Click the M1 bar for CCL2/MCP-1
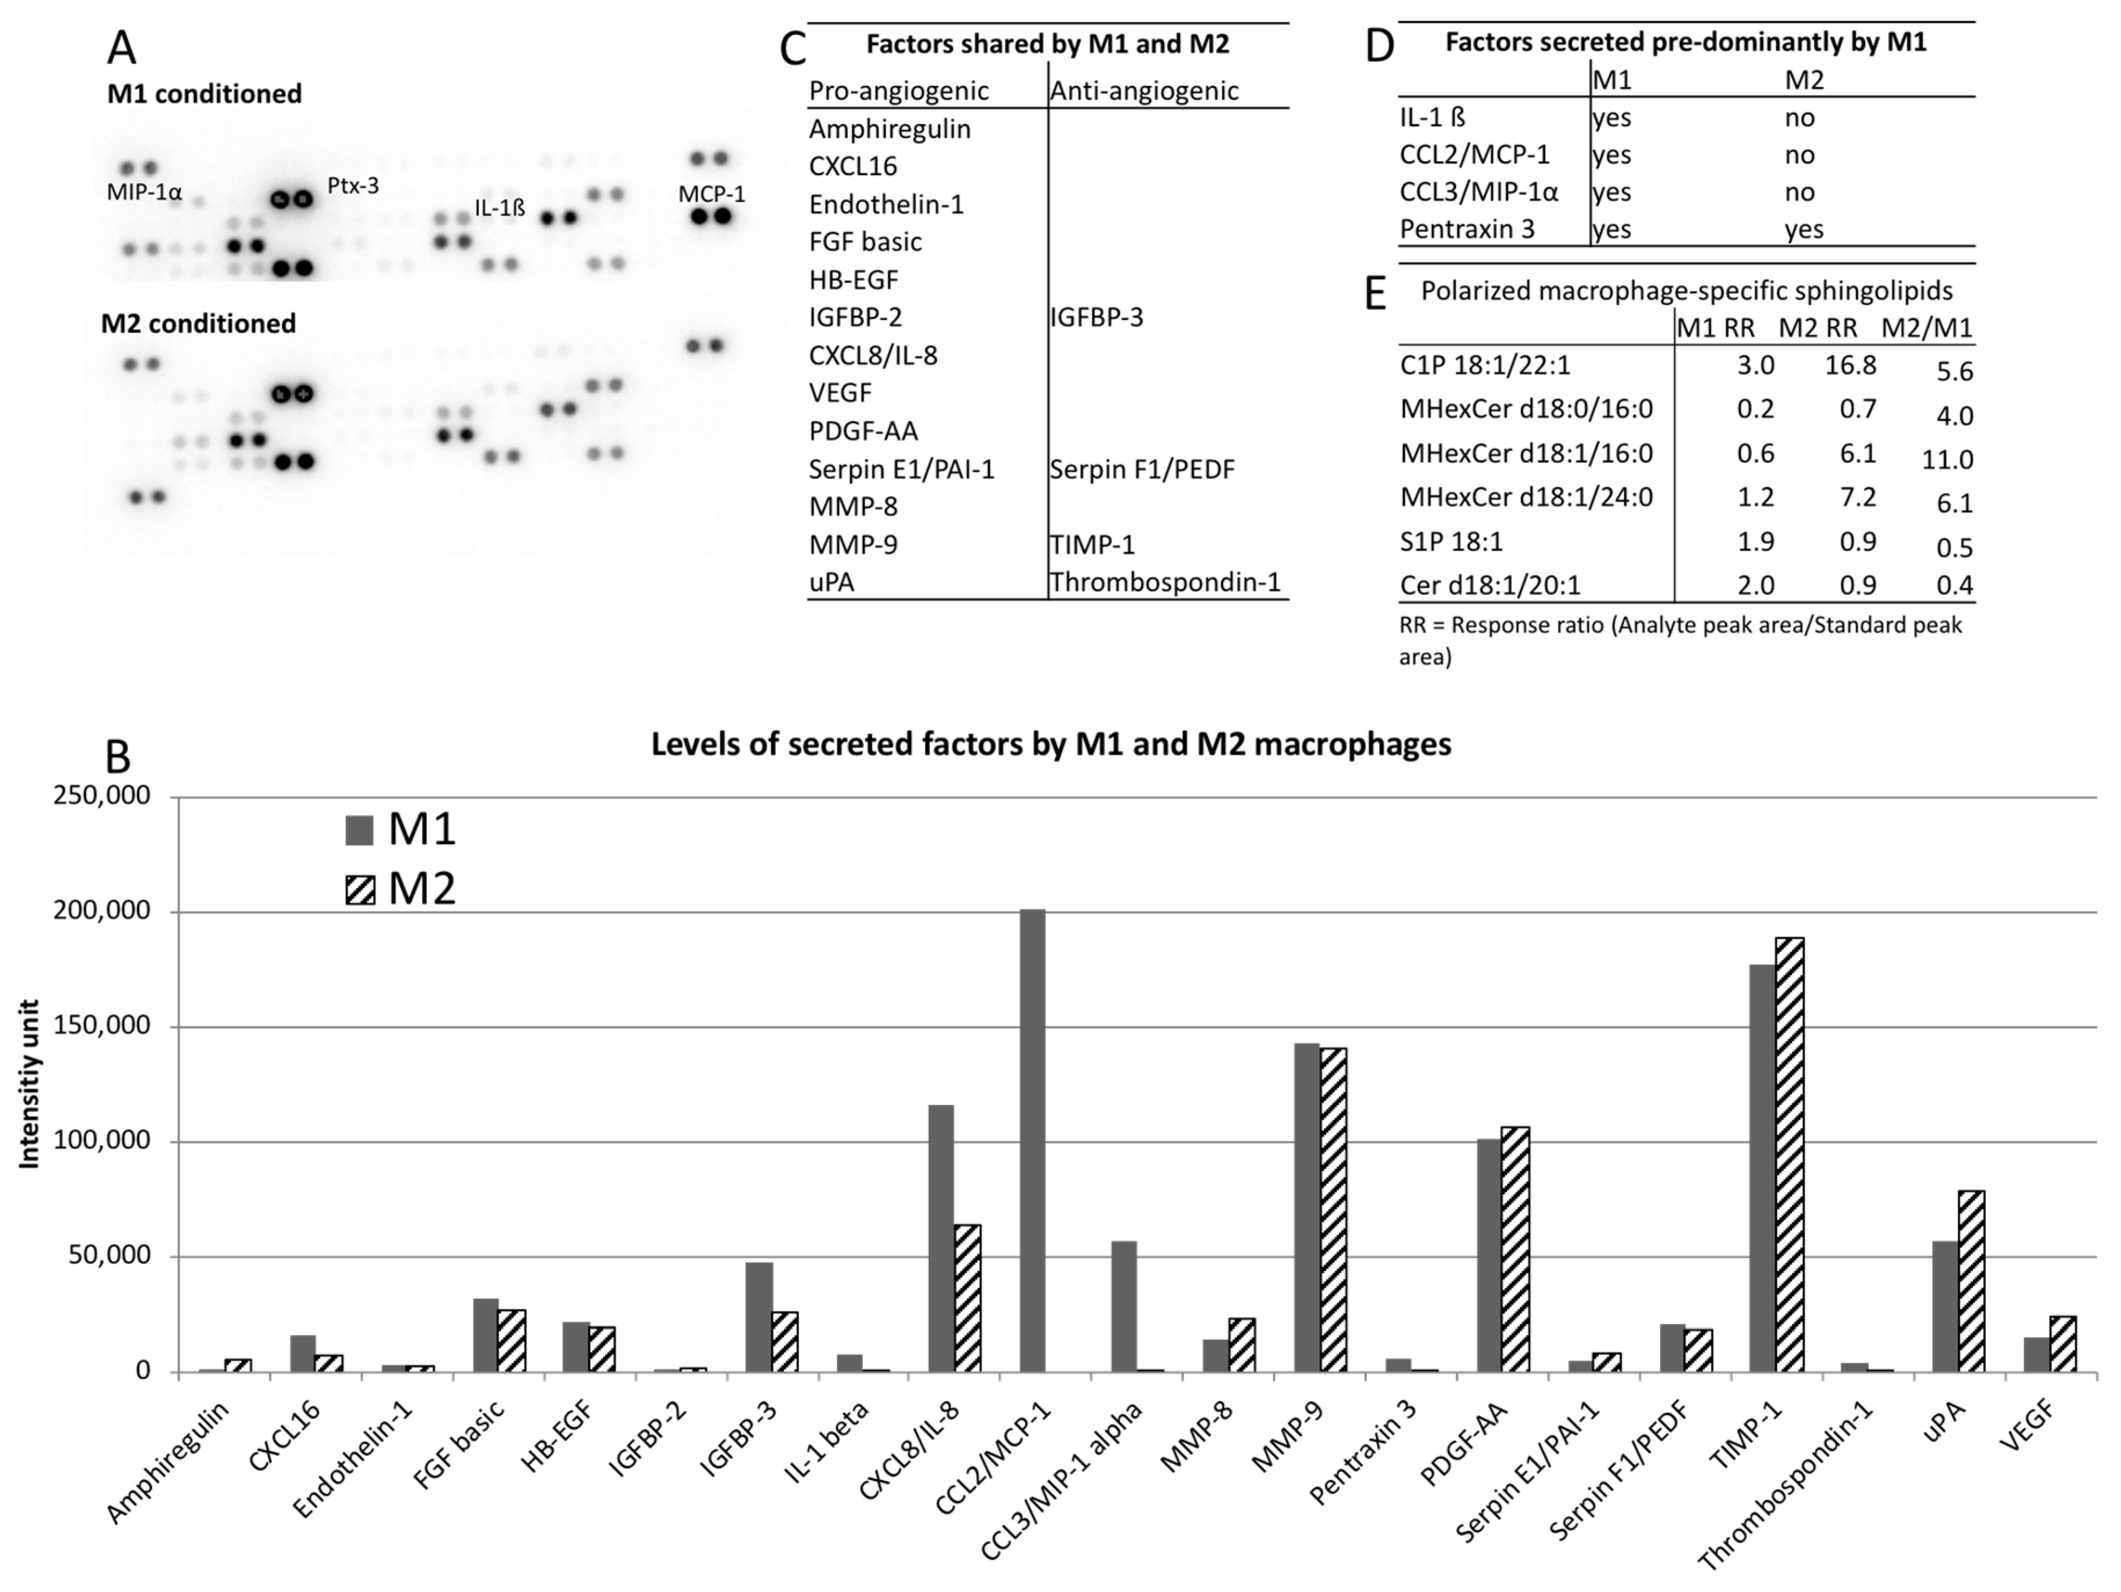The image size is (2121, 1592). pos(1033,1141)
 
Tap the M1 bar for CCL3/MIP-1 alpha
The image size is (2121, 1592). pos(1124,1306)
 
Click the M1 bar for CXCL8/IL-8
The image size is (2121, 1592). pos(941,1238)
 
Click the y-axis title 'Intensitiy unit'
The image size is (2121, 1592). pos(30,1084)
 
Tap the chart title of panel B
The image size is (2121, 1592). pos(1051,744)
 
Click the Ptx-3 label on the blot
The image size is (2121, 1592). pos(353,186)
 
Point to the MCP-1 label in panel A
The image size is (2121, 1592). pos(712,194)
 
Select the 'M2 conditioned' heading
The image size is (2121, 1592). pos(199,323)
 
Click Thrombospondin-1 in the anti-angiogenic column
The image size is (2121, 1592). pos(1165,582)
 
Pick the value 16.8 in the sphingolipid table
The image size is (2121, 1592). pos(1850,365)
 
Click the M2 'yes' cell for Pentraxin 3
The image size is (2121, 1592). pos(1803,229)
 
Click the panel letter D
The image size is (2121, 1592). pos(1379,46)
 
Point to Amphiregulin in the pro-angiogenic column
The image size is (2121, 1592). pos(890,129)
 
